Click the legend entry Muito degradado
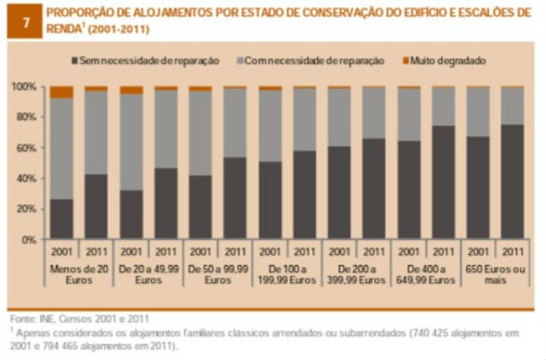click(x=448, y=61)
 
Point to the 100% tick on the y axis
click(x=25, y=87)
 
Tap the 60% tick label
click(x=27, y=148)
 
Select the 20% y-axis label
click(x=27, y=210)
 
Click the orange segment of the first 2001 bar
click(x=62, y=92)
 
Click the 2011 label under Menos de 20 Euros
click(x=97, y=253)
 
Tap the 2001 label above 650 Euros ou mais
click(x=478, y=253)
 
